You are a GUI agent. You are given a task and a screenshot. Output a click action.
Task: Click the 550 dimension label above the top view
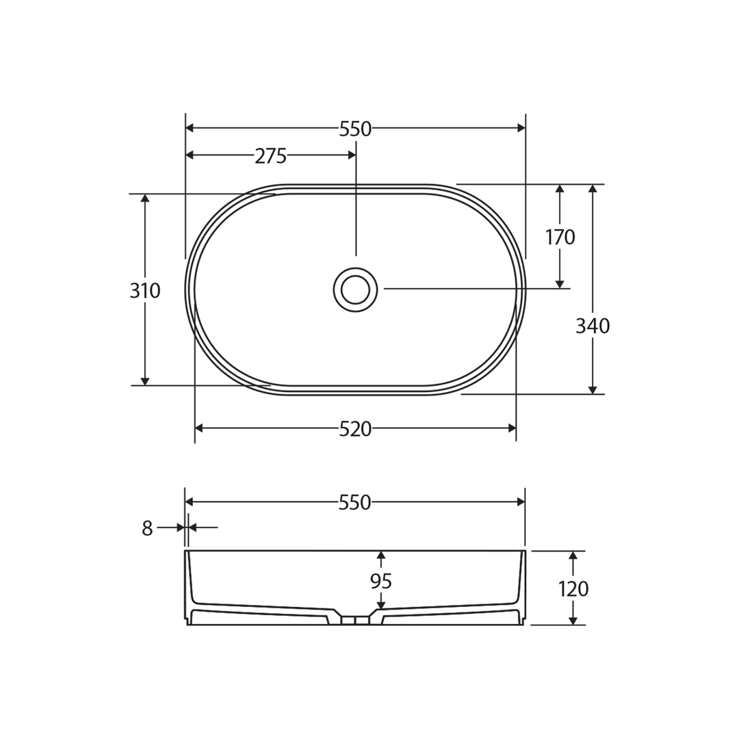tap(355, 129)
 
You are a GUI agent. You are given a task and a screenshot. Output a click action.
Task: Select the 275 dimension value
tap(270, 156)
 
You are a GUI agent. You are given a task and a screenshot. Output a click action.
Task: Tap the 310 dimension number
tap(145, 291)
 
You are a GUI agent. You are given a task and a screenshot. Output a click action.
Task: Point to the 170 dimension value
tap(560, 237)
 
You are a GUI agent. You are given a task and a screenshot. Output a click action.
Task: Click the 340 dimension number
tap(593, 326)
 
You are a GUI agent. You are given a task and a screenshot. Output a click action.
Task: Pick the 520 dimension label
tap(355, 429)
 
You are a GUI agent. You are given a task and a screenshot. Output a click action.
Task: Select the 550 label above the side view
tap(354, 503)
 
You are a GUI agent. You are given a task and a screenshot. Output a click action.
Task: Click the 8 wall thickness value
tap(147, 528)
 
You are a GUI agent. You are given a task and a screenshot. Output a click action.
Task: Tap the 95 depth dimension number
tap(380, 581)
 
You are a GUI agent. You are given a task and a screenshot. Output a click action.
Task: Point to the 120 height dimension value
tap(573, 588)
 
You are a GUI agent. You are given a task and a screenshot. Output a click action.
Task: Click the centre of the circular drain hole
tap(355, 289)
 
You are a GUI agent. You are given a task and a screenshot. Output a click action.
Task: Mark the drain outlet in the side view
tap(355, 621)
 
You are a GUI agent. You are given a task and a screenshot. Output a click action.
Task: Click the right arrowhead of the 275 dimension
tap(352, 155)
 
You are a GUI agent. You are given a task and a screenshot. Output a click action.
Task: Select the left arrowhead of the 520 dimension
tap(199, 428)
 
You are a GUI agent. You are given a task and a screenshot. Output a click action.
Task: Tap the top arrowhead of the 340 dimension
tap(593, 189)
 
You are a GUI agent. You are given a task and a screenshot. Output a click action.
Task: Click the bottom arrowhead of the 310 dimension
tap(145, 381)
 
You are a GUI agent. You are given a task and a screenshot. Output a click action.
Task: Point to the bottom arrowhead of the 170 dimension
tap(560, 284)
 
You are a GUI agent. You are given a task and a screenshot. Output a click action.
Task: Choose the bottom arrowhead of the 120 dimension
tap(573, 621)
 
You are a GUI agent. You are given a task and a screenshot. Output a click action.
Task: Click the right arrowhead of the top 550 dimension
tap(521, 128)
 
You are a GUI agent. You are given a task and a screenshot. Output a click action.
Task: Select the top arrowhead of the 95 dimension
tap(381, 555)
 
